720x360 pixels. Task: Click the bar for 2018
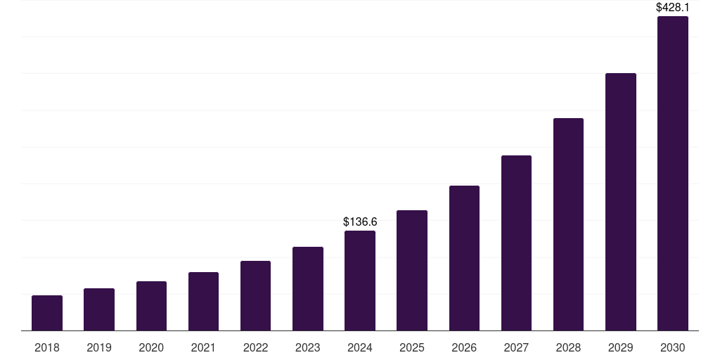[47, 313]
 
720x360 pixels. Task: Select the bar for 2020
[151, 306]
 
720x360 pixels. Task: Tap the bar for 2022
[255, 295]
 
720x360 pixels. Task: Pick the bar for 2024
[360, 281]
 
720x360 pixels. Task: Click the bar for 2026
[464, 258]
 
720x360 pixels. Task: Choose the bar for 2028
[568, 224]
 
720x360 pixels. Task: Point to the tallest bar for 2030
[673, 174]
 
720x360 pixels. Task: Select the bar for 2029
[621, 202]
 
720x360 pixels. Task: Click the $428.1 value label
[672, 7]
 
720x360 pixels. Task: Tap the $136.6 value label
[360, 221]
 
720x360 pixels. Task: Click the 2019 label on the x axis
[99, 347]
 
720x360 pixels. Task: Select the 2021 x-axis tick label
[203, 347]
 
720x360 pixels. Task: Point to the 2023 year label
[308, 347]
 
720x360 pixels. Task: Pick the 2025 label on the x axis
[412, 347]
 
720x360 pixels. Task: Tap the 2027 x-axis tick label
[516, 347]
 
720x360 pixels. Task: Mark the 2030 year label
[673, 347]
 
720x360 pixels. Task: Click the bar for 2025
[412, 271]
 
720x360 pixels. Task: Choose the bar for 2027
[516, 243]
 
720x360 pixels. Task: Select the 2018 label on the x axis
[47, 347]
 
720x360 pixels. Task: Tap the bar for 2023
[308, 288]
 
